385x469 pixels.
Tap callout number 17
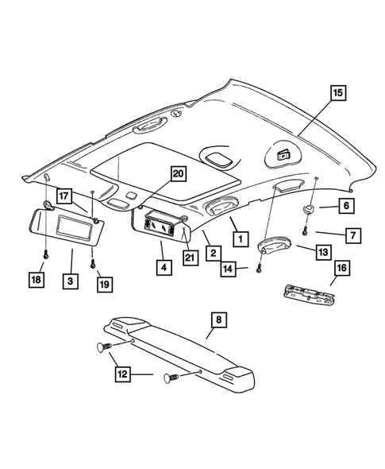[x=62, y=193]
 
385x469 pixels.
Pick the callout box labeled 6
[x=346, y=206]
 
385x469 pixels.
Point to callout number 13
[x=322, y=252]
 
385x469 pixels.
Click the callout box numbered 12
[x=121, y=371]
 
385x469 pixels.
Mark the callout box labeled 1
[x=236, y=236]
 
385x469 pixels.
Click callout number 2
[x=214, y=253]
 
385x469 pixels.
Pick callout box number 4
[x=162, y=268]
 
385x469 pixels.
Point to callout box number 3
[x=71, y=281]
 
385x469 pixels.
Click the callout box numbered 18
[x=36, y=281]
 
